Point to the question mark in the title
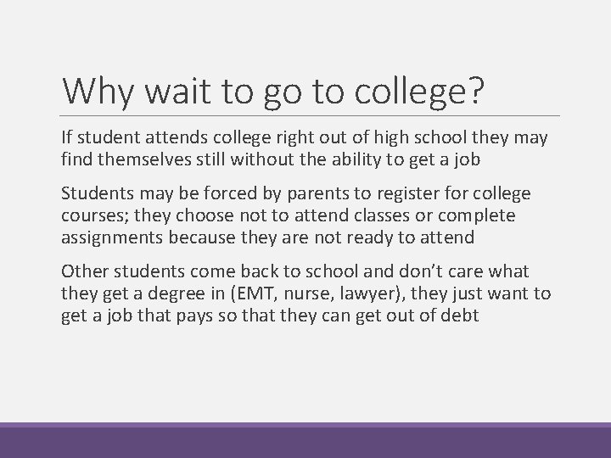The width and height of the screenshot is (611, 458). (x=476, y=91)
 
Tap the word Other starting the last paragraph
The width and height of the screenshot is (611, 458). (x=83, y=271)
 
